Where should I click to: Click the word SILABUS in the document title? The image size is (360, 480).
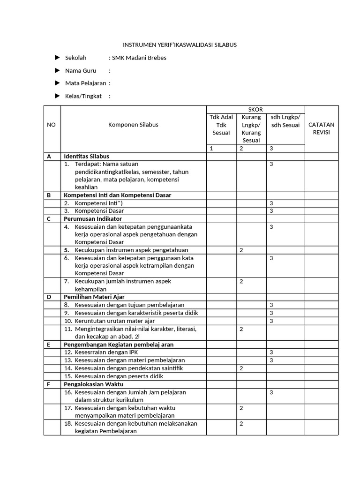pyautogui.click(x=225, y=45)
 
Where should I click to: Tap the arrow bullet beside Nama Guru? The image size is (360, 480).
pyautogui.click(x=57, y=70)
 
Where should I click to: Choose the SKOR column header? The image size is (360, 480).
pyautogui.click(x=255, y=109)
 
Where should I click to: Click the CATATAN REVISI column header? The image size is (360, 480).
pyautogui.click(x=321, y=128)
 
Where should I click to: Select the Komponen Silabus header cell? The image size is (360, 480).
pyautogui.click(x=133, y=125)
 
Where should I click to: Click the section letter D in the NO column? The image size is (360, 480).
pyautogui.click(x=48, y=297)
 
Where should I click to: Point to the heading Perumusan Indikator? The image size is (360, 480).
pyautogui.click(x=92, y=218)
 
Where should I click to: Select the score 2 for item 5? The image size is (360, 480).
pyautogui.click(x=241, y=250)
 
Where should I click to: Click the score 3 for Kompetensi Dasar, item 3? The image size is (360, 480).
pyautogui.click(x=271, y=211)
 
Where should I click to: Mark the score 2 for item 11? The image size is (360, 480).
pyautogui.click(x=241, y=329)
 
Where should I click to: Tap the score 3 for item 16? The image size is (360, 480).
pyautogui.click(x=271, y=392)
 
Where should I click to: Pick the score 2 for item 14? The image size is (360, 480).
pyautogui.click(x=241, y=368)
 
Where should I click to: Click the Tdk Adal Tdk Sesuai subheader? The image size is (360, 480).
pyautogui.click(x=221, y=125)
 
